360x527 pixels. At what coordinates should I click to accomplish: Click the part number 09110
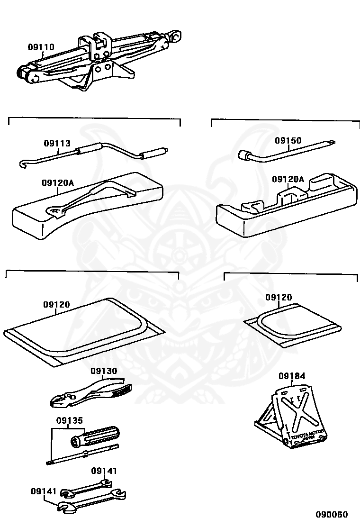[x=41, y=47]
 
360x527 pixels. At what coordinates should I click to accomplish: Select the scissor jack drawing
[x=99, y=59]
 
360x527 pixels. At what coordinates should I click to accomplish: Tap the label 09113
[x=57, y=143]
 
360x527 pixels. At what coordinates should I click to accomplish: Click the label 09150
[x=288, y=141]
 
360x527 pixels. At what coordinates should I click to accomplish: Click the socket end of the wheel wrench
[x=244, y=155]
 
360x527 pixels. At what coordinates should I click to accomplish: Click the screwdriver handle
[x=97, y=436]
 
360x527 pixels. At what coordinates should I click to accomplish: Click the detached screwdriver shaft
[x=83, y=455]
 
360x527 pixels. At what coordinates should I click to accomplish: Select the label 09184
[x=292, y=376]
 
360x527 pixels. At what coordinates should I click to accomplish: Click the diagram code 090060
[x=332, y=515]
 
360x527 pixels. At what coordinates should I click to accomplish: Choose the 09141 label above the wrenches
[x=104, y=471]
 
